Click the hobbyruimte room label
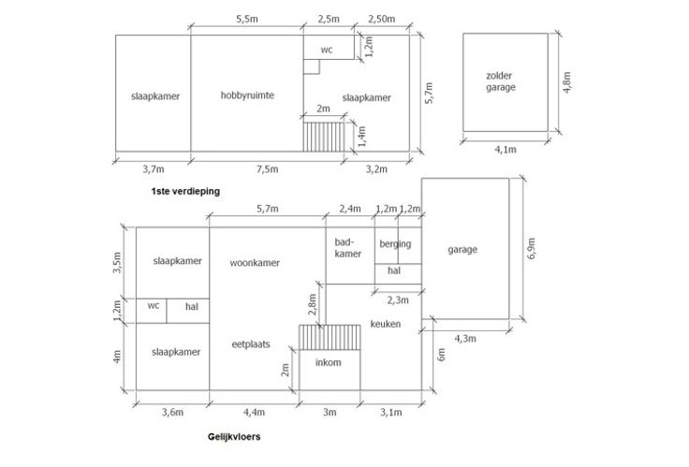[x=247, y=95]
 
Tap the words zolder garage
[x=501, y=80]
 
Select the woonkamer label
[x=255, y=263]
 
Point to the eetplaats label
[x=251, y=343]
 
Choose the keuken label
[x=385, y=324]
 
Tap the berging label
[x=395, y=244]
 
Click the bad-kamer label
[x=348, y=247]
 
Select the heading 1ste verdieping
[x=183, y=191]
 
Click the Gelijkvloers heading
[x=235, y=436]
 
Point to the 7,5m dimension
[x=266, y=169]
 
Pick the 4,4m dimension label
[x=253, y=413]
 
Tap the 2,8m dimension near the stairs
[x=312, y=303]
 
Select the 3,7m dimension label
[x=153, y=169]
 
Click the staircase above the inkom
[x=329, y=336]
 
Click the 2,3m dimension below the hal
[x=398, y=300]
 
